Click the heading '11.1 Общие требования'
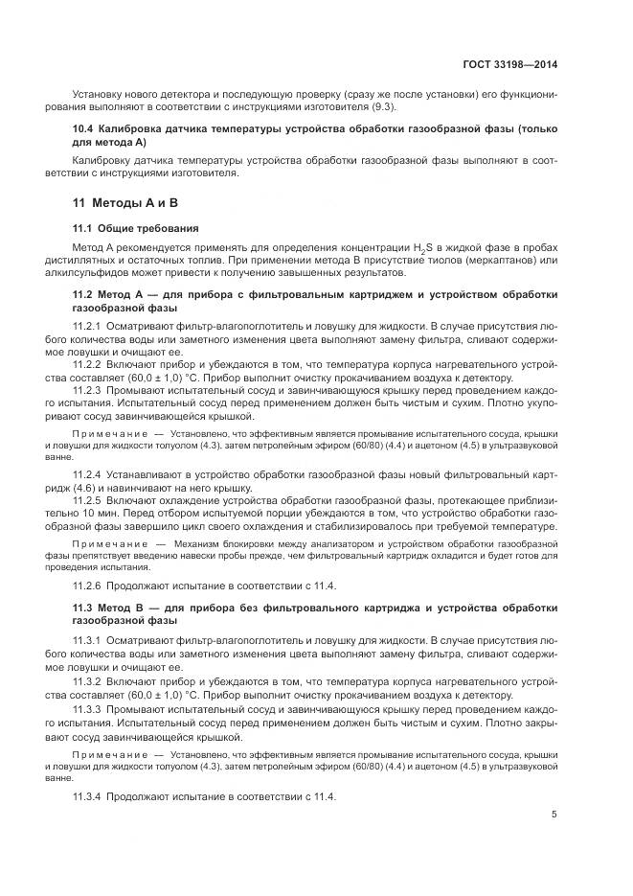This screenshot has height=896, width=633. tap(136, 229)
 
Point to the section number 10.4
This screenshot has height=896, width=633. tap(83, 128)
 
